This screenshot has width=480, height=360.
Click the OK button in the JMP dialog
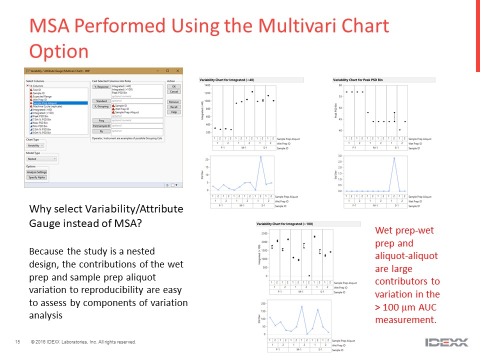[x=174, y=86]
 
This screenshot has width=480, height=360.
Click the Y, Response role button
[x=101, y=86]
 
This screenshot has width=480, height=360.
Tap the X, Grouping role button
[x=101, y=106]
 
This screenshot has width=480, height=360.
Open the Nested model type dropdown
[x=41, y=159]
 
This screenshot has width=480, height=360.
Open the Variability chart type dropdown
[x=35, y=145]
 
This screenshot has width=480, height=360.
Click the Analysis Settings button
[x=36, y=172]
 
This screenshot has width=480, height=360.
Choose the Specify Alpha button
[x=36, y=177]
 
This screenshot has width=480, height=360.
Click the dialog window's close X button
[x=177, y=70]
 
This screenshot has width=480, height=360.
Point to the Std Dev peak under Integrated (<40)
[x=260, y=157]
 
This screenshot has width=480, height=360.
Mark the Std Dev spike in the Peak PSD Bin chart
[x=394, y=158]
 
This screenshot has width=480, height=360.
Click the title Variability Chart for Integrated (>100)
[x=285, y=223]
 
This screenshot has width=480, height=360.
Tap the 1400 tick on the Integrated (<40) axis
[x=207, y=85]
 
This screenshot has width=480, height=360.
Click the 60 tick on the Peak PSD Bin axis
[x=341, y=85]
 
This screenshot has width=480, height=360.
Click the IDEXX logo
[x=446, y=342]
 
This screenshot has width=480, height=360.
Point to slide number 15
[x=17, y=342]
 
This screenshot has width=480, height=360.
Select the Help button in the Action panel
[x=174, y=112]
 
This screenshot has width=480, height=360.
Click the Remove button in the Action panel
[x=174, y=102]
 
